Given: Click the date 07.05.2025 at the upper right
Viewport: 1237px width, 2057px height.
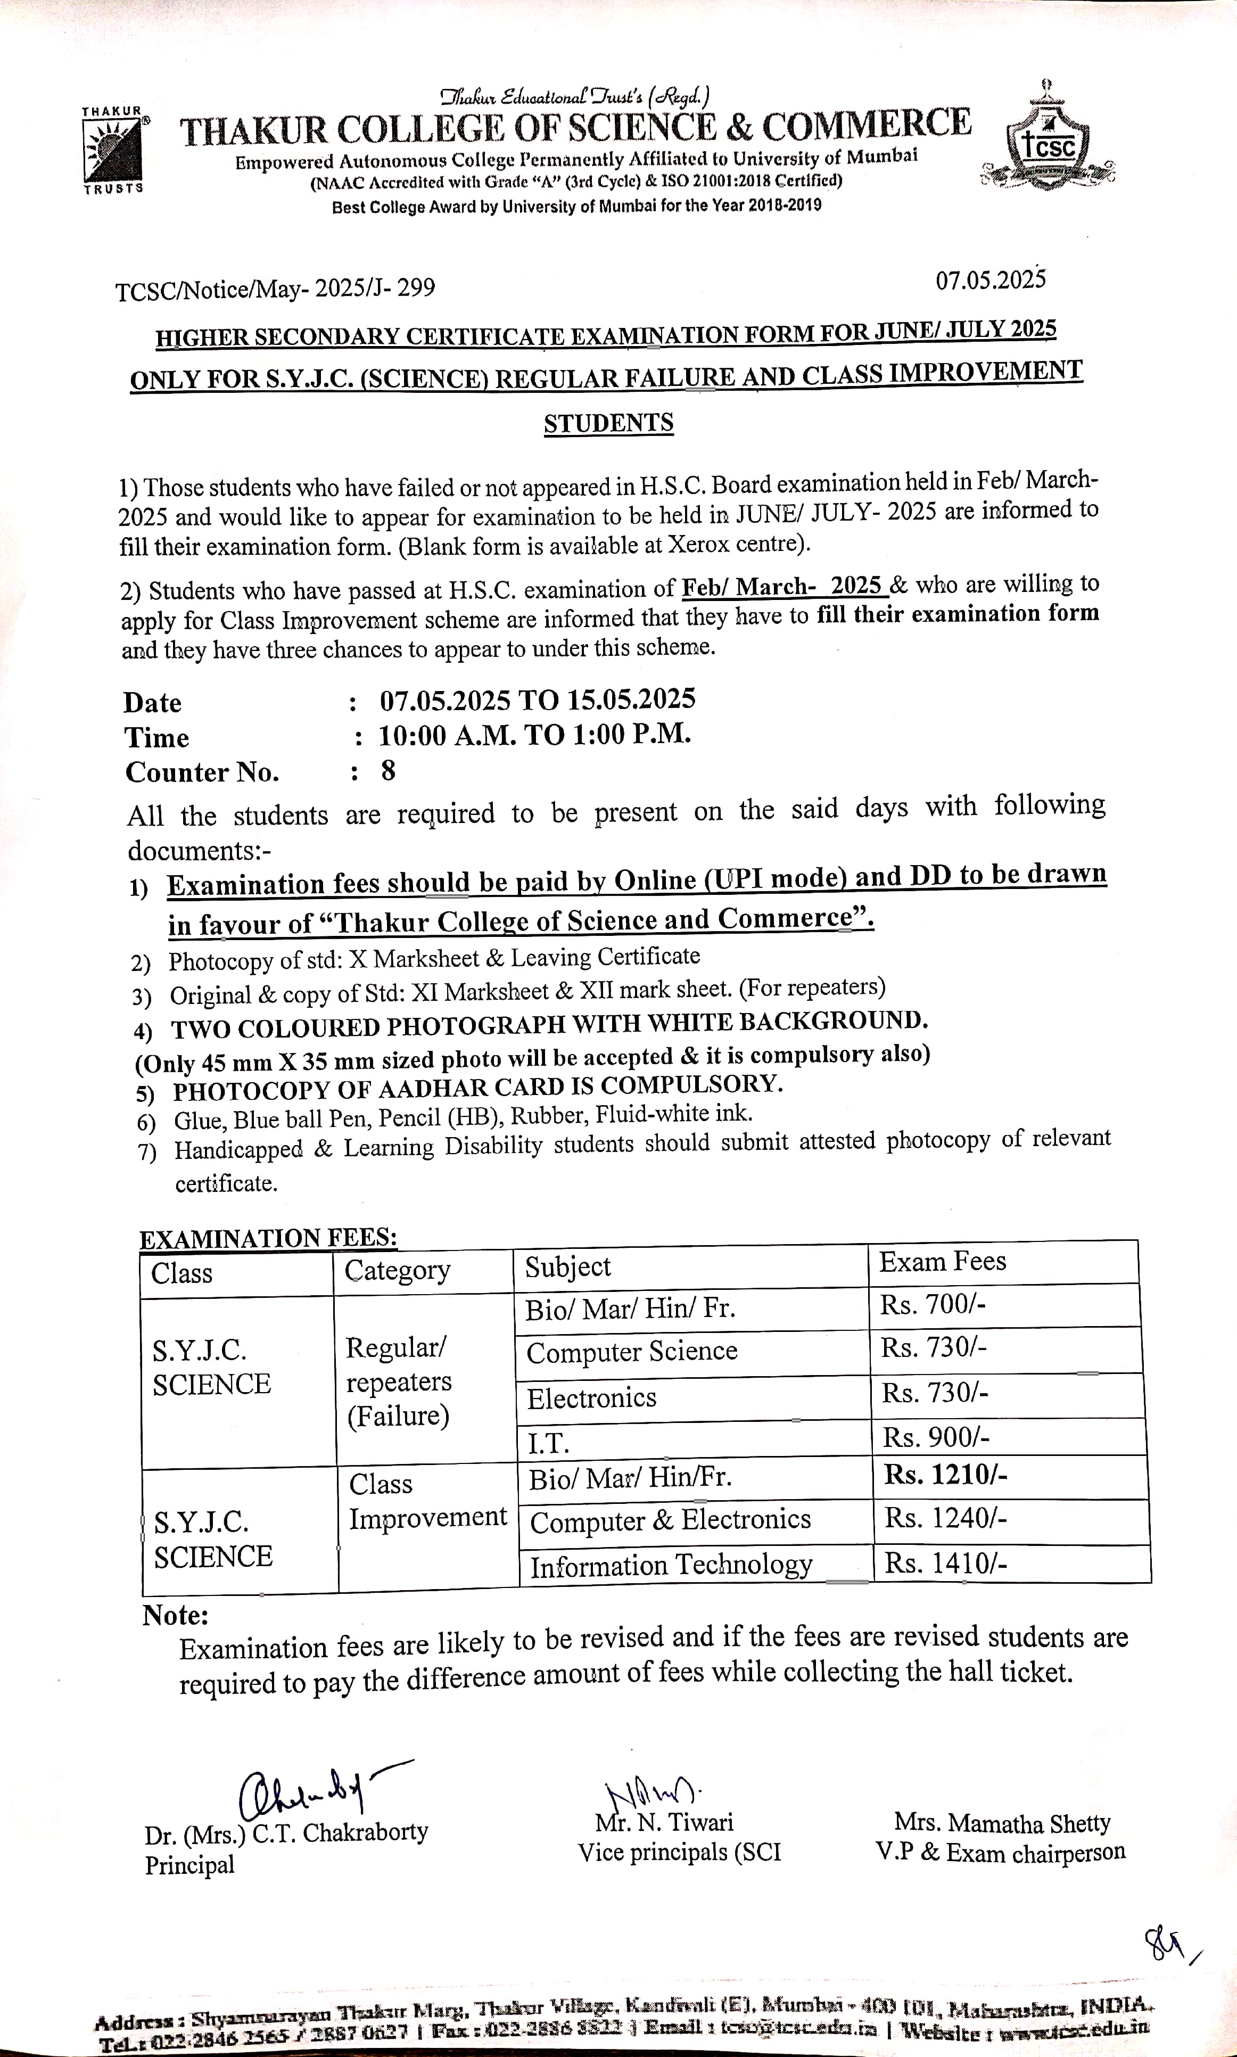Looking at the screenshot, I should [x=989, y=280].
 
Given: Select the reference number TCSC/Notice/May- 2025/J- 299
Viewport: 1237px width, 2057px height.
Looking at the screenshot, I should [x=275, y=289].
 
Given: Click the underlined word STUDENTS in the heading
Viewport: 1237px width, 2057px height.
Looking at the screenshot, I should [x=608, y=423].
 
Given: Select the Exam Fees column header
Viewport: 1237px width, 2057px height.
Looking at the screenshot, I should [x=942, y=1262].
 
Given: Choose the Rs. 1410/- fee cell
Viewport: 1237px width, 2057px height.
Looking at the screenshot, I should [x=945, y=1564].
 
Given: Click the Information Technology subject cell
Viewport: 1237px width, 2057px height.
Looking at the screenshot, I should [x=671, y=1565].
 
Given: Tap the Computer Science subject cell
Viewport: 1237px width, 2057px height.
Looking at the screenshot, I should [x=632, y=1351].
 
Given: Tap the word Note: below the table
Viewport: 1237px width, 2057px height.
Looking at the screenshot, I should [x=175, y=1615].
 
